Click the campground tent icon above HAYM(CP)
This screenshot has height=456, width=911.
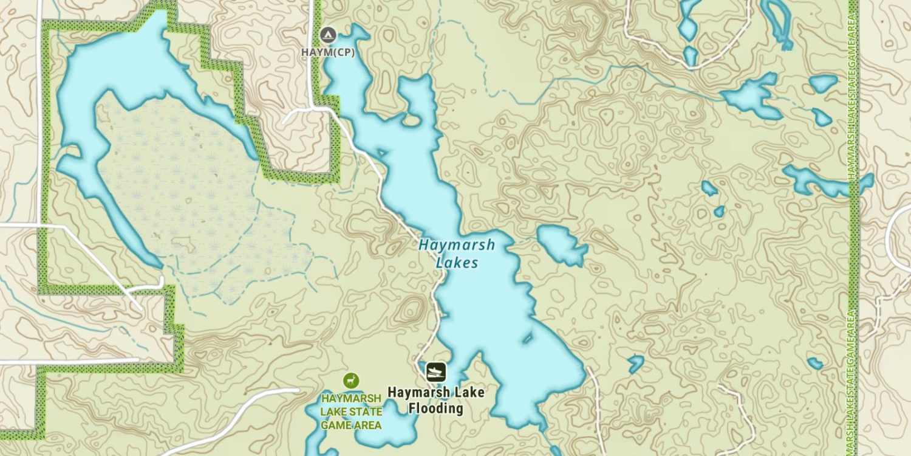pyautogui.click(x=328, y=35)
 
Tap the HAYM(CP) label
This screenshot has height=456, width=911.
pyautogui.click(x=328, y=52)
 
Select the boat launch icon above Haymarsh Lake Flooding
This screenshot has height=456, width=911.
pyautogui.click(x=436, y=371)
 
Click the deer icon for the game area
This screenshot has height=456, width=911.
pyautogui.click(x=350, y=381)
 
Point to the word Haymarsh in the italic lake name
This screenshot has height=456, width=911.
pyautogui.click(x=457, y=245)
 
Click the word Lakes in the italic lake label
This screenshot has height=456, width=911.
pyautogui.click(x=457, y=263)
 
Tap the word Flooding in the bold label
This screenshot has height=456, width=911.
pyautogui.click(x=436, y=408)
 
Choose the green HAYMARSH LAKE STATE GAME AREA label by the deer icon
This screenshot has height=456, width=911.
pyautogui.click(x=352, y=412)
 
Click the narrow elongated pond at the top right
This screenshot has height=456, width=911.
pyautogui.click(x=778, y=21)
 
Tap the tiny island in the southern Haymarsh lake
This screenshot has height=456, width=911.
pyautogui.click(x=527, y=337)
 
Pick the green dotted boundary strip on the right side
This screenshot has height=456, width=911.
pyautogui.click(x=855, y=243)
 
